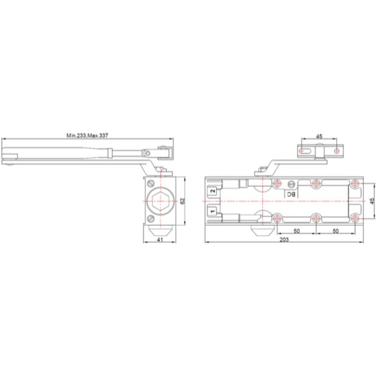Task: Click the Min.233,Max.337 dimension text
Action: click(x=87, y=135)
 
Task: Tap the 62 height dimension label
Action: click(x=182, y=201)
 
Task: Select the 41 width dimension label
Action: click(x=160, y=240)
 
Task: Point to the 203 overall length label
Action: click(x=284, y=240)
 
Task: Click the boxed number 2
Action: click(x=213, y=191)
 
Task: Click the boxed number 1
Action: click(x=213, y=211)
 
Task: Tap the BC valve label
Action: click(x=291, y=194)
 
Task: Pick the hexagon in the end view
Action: click(x=160, y=201)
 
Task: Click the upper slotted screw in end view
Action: click(x=151, y=183)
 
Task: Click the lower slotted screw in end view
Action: click(x=151, y=218)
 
